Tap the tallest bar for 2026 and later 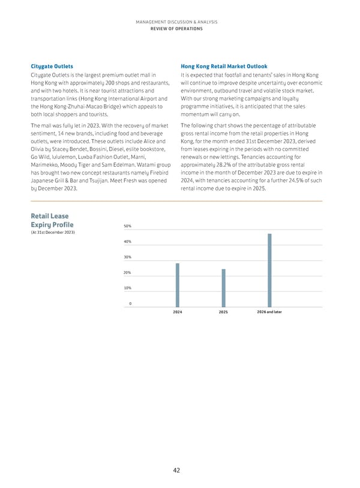coord(269,269)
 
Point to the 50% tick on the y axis coord(128,226)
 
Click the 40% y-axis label coord(128,242)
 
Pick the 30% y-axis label coord(128,257)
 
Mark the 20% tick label coord(128,273)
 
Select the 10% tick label coord(128,288)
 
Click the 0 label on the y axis coord(130,304)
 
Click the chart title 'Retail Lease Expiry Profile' coord(52,221)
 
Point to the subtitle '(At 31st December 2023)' coord(52,233)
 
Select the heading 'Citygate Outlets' coord(52,66)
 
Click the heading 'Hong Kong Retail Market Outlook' coord(224,66)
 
